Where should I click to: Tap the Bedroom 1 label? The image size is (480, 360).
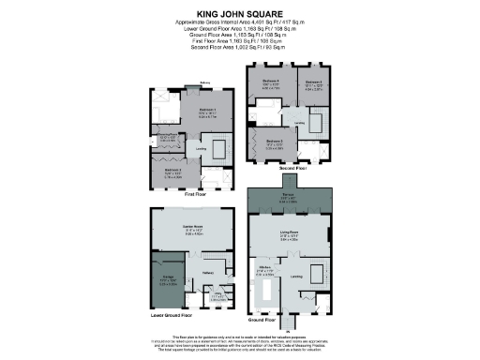point(207,110)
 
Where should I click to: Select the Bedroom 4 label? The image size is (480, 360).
point(271,85)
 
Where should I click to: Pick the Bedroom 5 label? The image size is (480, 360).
point(313,85)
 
